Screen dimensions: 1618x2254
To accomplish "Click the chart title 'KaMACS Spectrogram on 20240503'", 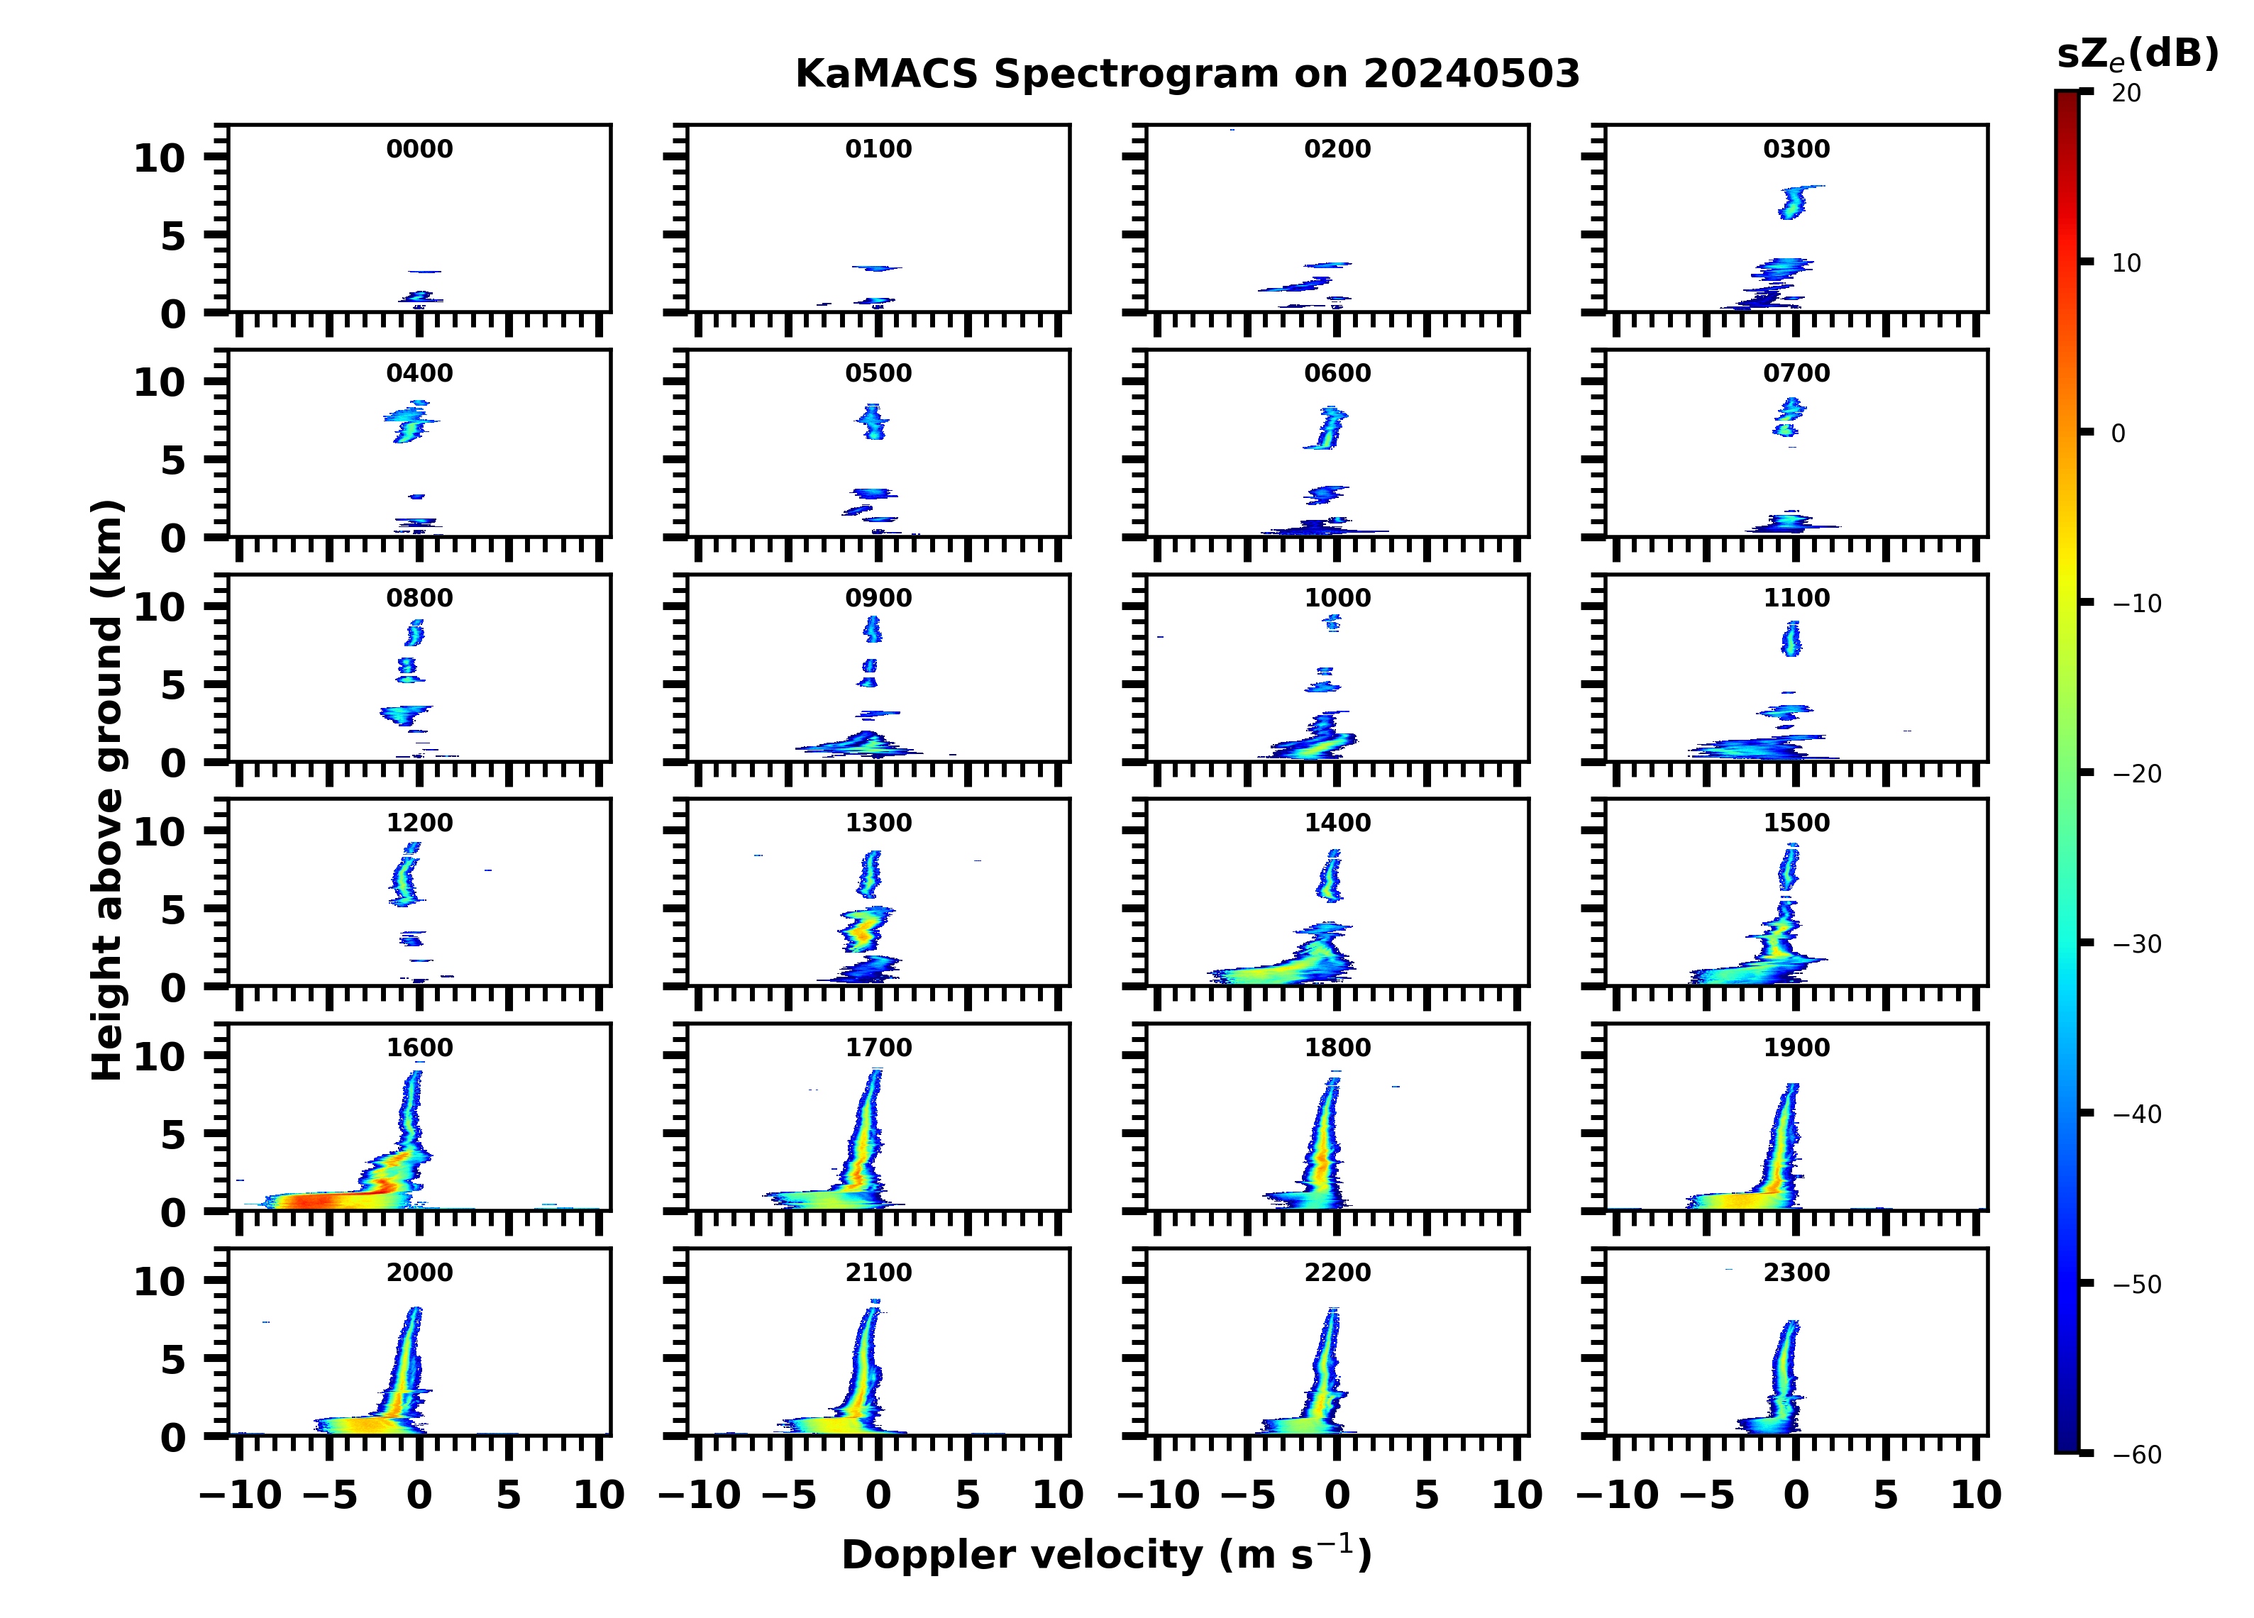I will coord(1187,74).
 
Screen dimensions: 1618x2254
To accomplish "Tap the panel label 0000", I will coord(419,149).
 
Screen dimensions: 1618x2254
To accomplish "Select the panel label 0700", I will coord(1796,374).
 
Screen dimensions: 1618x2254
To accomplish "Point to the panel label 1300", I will coord(878,823).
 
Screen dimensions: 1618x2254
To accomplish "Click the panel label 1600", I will coord(419,1048).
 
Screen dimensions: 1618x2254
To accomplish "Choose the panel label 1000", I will coord(1337,598).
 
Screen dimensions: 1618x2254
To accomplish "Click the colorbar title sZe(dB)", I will coord(2137,55).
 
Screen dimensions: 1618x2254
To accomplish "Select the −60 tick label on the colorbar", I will coord(2137,1455).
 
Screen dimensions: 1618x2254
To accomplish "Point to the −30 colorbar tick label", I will coord(2137,944).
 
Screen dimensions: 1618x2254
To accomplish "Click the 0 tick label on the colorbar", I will coord(2118,433).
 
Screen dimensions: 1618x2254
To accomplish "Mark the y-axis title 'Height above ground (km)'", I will coord(107,790).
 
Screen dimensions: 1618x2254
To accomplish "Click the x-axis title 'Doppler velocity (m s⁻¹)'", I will coord(1106,1554).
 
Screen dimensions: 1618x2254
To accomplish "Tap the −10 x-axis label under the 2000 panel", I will coord(241,1495).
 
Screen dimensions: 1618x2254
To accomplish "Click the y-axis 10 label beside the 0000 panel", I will coord(159,158).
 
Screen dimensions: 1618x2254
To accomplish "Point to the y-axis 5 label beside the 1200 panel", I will coord(173,909).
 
